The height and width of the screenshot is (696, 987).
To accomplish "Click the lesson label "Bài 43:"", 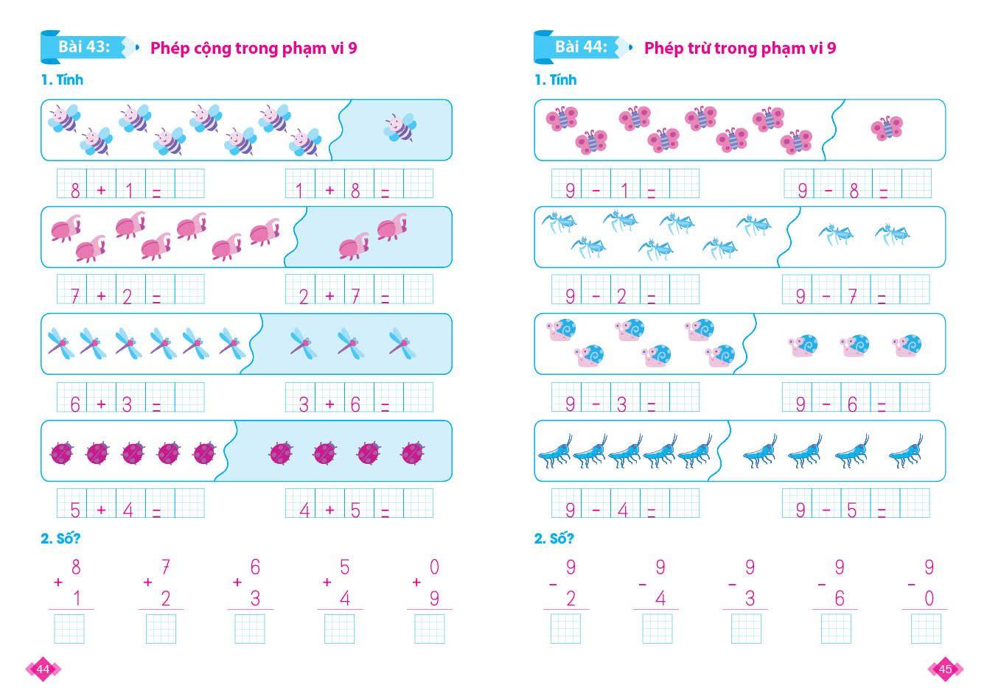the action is click(84, 46).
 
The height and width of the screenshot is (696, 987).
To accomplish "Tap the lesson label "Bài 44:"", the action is click(581, 46).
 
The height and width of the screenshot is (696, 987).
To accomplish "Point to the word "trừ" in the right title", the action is click(700, 48).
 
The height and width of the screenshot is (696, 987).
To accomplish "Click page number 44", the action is click(43, 669).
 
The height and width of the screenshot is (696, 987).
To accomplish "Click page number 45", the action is click(946, 669).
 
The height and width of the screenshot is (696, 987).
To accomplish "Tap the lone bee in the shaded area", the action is click(400, 127).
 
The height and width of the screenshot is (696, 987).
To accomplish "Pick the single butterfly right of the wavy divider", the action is click(887, 128).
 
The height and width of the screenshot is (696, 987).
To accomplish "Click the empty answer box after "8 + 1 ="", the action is click(189, 183).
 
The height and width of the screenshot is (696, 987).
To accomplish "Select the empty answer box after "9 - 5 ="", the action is click(915, 503).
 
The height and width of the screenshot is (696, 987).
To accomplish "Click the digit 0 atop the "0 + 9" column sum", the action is click(434, 566).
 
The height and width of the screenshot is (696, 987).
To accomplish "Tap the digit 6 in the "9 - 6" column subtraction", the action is click(839, 598).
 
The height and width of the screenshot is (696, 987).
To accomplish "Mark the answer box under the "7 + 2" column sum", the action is click(161, 629).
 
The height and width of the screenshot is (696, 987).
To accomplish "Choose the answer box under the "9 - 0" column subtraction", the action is click(926, 629).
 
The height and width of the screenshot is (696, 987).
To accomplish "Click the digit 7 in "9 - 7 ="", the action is click(852, 296).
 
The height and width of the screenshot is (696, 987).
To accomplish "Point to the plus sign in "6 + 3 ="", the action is click(101, 404).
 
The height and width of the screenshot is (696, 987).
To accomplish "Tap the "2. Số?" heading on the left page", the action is click(60, 538).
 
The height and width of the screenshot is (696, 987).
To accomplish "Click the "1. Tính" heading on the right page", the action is click(555, 80).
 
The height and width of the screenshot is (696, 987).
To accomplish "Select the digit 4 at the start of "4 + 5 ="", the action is click(304, 510).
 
